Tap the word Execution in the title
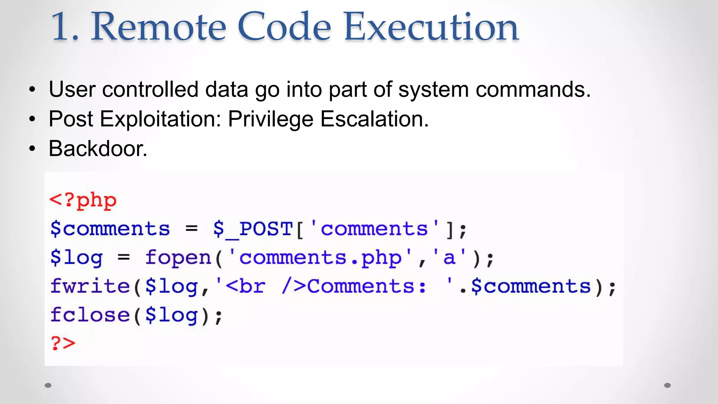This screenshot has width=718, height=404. [431, 27]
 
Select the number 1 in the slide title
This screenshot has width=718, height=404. [63, 27]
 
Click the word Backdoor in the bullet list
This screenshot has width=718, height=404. [97, 149]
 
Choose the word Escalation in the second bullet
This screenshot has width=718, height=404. [374, 119]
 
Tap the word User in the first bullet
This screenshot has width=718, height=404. [72, 90]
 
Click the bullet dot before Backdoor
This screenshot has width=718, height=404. [32, 149]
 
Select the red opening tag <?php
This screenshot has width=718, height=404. [83, 201]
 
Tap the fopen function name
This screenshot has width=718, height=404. [178, 258]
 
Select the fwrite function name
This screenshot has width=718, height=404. [90, 286]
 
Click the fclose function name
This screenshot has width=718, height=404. [90, 315]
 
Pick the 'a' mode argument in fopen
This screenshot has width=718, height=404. [449, 258]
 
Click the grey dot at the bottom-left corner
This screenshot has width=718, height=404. [48, 385]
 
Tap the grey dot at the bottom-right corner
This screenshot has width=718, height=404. [668, 385]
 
